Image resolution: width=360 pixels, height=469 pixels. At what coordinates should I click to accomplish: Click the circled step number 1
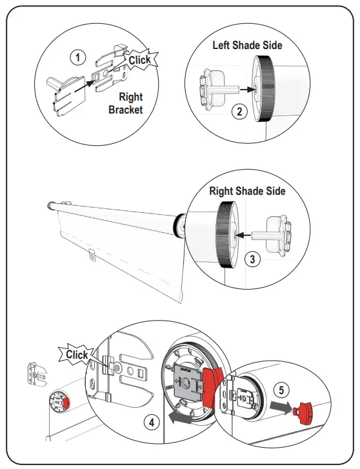coord(77,57)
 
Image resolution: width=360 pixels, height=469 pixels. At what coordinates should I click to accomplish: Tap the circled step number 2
coord(239,111)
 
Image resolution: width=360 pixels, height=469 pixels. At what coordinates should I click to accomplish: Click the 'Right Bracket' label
coord(126,103)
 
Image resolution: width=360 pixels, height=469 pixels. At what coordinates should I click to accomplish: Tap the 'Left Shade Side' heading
coord(248,45)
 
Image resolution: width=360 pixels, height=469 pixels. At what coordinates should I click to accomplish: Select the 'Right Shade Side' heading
coord(246,191)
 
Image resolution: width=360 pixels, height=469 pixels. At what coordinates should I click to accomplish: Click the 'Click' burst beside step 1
coord(139,60)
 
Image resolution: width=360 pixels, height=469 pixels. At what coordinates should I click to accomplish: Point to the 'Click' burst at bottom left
coord(77,355)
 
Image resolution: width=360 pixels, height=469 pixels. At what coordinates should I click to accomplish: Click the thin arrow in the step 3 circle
coord(247,236)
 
